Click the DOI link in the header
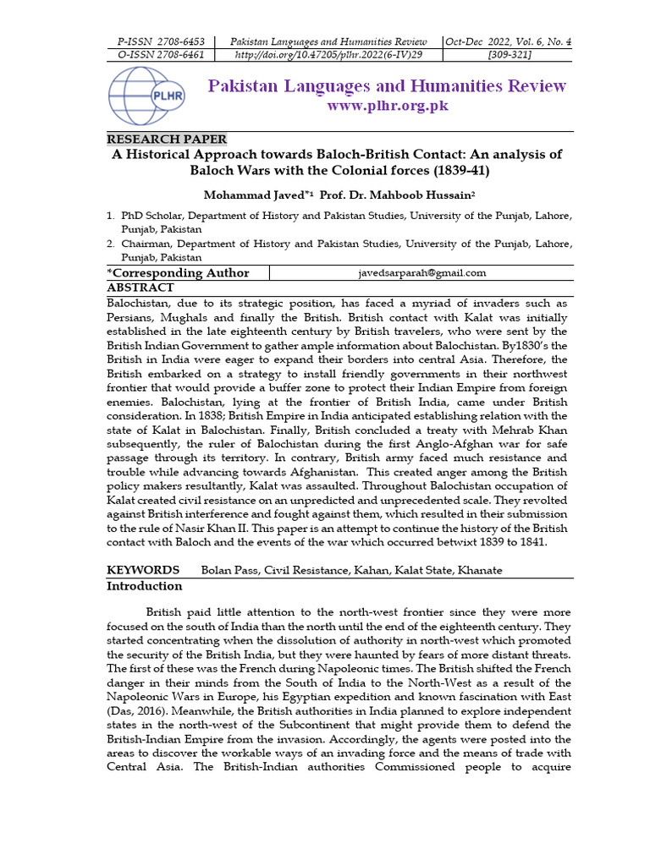point(328,55)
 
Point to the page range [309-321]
point(508,55)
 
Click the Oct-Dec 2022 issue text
point(508,41)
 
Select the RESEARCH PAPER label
point(166,140)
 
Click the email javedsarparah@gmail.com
point(421,272)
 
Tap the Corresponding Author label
point(179,272)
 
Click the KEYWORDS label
point(142,570)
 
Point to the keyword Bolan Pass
point(229,570)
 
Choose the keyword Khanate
point(479,570)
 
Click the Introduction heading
point(144,586)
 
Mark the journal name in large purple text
point(387,86)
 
